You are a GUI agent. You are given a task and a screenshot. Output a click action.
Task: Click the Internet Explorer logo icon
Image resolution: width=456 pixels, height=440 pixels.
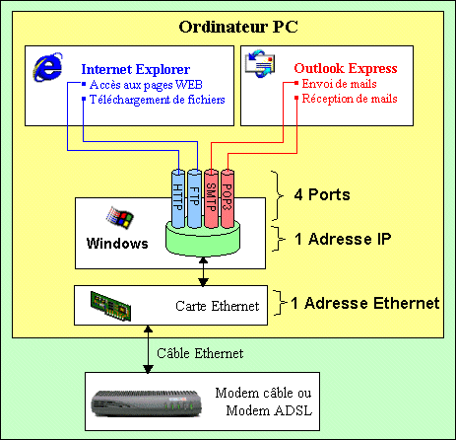point(47,67)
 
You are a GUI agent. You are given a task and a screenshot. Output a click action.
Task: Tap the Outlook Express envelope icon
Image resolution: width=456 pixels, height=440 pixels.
point(260,63)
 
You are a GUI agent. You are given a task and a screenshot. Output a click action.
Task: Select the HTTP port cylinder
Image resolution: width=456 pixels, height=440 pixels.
point(178,198)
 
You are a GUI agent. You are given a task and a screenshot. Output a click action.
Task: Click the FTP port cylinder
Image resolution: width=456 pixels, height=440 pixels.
point(194,198)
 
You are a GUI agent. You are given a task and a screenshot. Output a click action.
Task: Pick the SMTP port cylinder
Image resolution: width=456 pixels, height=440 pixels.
point(211,198)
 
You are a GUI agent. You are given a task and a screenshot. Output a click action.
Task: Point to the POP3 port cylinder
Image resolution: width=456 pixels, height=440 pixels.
point(228,198)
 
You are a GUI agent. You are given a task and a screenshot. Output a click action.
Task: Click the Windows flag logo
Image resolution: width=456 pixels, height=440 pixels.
point(120,217)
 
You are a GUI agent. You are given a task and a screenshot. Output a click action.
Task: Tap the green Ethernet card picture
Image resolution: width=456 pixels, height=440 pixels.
point(110,306)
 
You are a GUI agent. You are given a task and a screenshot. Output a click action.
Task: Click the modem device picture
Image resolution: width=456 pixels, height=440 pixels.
point(146,403)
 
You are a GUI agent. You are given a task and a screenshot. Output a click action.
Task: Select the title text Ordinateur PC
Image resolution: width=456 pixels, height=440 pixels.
point(238,27)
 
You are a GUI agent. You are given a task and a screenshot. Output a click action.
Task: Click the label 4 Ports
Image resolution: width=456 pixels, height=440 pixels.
point(322,194)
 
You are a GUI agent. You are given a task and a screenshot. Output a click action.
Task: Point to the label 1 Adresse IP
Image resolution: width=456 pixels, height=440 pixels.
point(343,239)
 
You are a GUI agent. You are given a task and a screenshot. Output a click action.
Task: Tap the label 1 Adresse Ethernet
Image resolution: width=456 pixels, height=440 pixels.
point(365,303)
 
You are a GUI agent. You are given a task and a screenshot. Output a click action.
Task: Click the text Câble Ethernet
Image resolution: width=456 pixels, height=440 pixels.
point(200,353)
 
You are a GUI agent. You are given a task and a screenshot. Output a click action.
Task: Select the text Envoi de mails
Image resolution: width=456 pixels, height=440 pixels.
point(339,84)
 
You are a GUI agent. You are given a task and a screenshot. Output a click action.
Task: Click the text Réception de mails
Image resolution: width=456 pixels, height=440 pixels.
point(350,99)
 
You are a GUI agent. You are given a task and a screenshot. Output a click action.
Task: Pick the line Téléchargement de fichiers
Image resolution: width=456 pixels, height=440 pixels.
point(158,100)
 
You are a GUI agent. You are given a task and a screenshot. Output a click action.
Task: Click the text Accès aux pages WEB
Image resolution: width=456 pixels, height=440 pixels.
point(146,85)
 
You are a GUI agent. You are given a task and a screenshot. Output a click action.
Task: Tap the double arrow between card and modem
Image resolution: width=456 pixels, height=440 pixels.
point(148,349)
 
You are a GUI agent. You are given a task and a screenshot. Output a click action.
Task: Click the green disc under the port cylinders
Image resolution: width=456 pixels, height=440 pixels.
point(203,239)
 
